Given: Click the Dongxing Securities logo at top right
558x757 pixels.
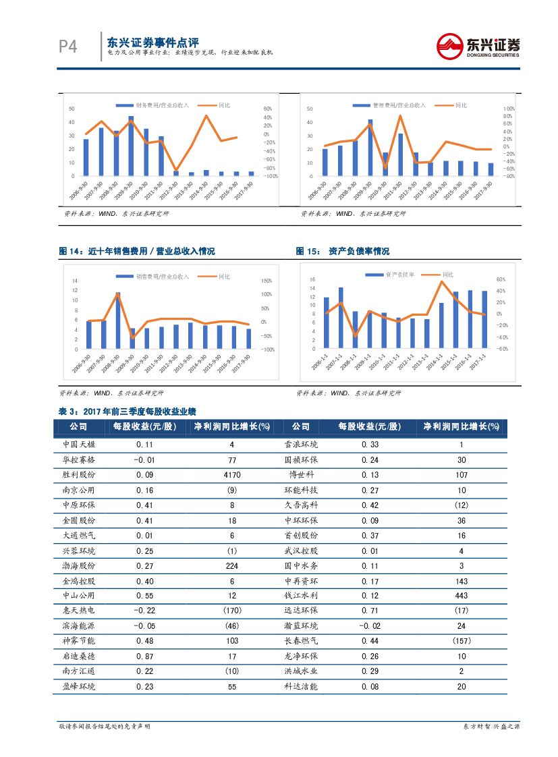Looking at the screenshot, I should pos(479,47).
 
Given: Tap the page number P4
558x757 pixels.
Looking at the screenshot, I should pos(67,47).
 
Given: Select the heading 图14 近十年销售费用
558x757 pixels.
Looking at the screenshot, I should pos(137,252).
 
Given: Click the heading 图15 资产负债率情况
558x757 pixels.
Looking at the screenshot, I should pos(342,252).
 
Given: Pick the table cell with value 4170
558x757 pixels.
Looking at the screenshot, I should pos(231,475).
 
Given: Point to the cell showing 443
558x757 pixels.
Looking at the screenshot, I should pos(461,596).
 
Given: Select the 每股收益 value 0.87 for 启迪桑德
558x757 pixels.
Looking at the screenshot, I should pos(144,656).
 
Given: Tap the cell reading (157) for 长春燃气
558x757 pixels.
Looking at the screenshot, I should pos(461,640).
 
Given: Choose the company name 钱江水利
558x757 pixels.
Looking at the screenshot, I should pos(301,596).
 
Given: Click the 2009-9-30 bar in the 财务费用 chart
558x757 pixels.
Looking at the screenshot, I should pos(131,146).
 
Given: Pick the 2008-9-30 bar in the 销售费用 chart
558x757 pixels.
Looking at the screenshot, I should pos(117,320).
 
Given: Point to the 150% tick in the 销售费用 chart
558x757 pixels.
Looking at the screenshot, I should pos(266,281).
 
